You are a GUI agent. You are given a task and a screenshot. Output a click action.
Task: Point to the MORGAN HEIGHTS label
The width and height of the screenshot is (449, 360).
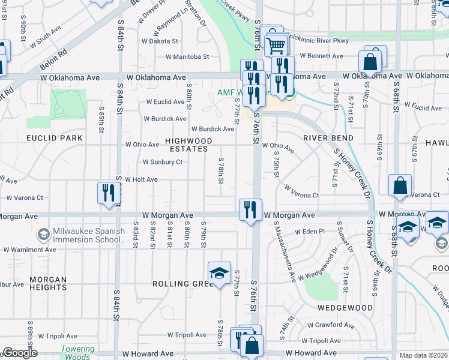[x=48, y=283]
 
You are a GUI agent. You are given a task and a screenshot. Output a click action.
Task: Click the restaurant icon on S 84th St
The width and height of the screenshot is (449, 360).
[x=107, y=193]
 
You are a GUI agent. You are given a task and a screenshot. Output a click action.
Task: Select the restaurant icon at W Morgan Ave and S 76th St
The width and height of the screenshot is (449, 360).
[x=250, y=209]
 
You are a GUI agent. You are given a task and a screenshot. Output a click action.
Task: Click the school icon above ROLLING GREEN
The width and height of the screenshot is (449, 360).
[x=220, y=273]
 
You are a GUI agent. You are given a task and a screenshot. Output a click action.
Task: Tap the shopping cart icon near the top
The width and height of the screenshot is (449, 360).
[x=275, y=44]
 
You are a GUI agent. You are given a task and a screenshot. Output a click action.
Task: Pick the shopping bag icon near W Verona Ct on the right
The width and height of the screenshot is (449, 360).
[x=400, y=186]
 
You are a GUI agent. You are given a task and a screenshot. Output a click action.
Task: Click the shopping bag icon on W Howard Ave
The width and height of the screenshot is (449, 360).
[x=252, y=345]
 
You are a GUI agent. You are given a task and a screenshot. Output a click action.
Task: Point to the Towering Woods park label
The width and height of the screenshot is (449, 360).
[x=77, y=353]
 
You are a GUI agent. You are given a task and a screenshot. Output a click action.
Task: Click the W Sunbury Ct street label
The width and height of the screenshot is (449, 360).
[x=162, y=162]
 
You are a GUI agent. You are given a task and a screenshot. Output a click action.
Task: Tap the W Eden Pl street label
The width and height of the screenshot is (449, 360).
[x=310, y=232]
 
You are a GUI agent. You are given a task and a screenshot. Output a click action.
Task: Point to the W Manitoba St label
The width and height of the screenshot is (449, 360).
[x=188, y=57]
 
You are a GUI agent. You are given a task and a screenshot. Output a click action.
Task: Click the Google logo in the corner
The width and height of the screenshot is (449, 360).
[x=20, y=353]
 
